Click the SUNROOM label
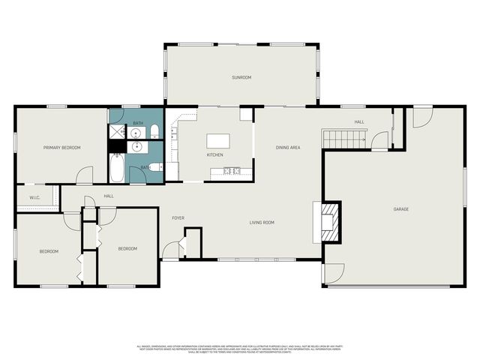[241, 77]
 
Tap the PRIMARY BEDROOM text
[61, 148]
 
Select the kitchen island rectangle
[217, 141]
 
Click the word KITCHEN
[215, 155]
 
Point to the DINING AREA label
[288, 148]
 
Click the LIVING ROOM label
[262, 222]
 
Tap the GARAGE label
[401, 208]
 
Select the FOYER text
[178, 218]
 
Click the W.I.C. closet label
[34, 198]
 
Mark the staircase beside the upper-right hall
[344, 138]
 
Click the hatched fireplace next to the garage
[328, 222]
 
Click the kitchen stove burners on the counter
[231, 171]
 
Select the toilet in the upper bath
[154, 133]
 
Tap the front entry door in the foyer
[172, 250]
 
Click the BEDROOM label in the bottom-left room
[49, 251]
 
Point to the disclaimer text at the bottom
[240, 349]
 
